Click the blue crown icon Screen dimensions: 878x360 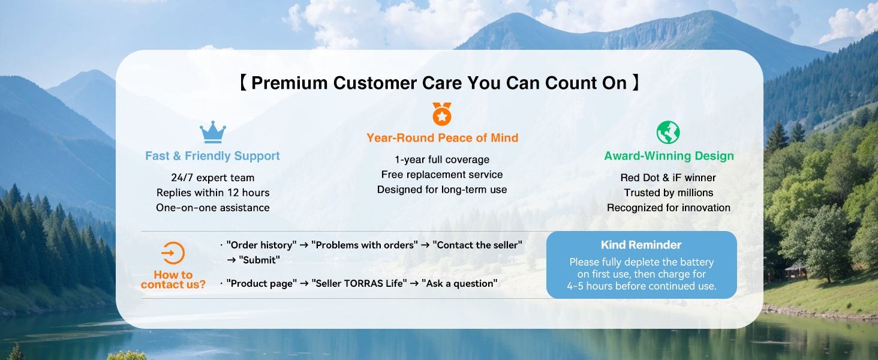click(x=213, y=132)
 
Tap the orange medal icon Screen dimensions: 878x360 click(x=442, y=114)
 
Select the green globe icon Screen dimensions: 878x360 click(x=668, y=133)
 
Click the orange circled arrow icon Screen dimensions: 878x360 click(x=173, y=253)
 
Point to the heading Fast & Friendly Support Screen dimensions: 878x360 click(x=212, y=155)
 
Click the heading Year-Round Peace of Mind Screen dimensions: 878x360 click(x=442, y=137)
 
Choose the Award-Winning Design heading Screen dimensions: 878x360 click(x=669, y=155)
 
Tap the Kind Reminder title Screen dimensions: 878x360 click(x=641, y=245)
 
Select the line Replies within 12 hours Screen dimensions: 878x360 click(x=213, y=193)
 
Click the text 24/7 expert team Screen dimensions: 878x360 click(x=213, y=178)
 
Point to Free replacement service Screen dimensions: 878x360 click(x=442, y=175)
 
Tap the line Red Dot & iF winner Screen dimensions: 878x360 click(x=668, y=178)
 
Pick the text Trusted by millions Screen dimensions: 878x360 click(x=668, y=193)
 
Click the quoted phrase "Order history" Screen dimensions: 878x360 click(x=261, y=245)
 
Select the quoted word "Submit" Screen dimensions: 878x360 click(x=259, y=260)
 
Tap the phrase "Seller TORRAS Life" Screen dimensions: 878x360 click(x=359, y=283)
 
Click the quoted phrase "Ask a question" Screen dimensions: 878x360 click(x=459, y=283)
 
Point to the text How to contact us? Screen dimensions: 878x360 click(x=173, y=279)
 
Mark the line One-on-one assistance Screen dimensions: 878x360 click(x=213, y=208)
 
